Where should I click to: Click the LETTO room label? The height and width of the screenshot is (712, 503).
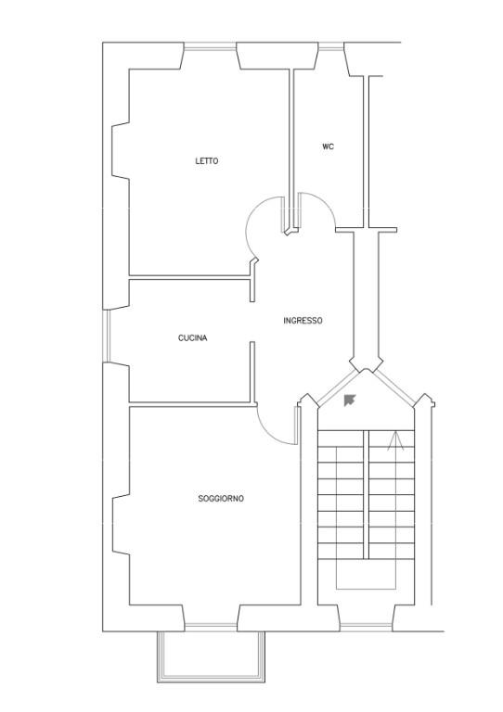point(207,160)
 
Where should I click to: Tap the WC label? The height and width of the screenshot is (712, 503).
point(328,146)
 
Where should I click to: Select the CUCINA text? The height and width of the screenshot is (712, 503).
point(193,337)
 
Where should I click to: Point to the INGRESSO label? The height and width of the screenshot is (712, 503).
point(303,321)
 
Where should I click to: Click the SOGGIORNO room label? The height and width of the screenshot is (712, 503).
point(221,499)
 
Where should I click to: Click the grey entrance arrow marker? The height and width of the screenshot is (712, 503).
point(350,400)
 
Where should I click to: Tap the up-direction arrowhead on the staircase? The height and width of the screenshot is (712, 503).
point(395,440)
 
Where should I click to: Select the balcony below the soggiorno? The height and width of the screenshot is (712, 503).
point(211,656)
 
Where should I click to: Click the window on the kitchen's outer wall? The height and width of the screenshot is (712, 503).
point(107,336)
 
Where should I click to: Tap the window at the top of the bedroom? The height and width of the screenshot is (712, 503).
point(211,45)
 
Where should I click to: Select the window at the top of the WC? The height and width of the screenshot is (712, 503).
point(330,45)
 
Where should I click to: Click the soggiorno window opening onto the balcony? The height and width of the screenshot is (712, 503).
point(211,628)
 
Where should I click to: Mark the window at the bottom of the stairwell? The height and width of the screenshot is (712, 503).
point(367,628)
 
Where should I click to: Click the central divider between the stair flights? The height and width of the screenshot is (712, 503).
point(366,494)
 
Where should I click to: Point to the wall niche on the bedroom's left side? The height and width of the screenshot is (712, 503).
point(121,150)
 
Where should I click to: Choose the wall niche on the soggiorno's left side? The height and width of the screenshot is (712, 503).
point(121,525)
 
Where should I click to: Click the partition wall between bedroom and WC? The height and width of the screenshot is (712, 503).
point(291,149)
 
